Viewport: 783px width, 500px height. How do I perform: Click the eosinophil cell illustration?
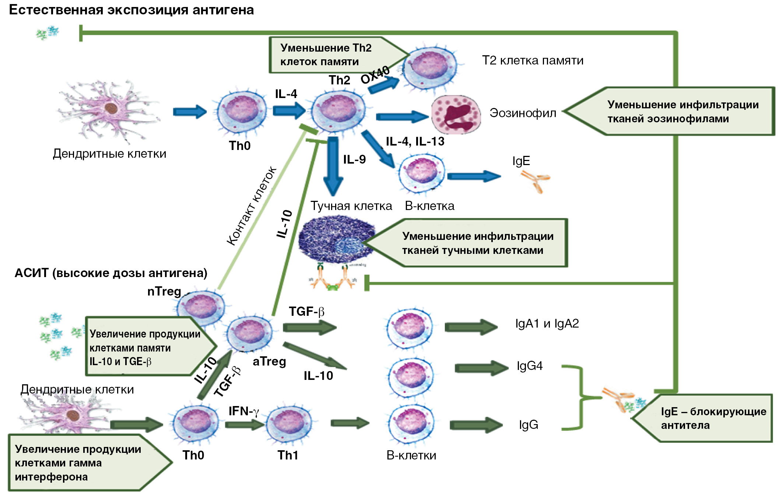(x=456, y=115)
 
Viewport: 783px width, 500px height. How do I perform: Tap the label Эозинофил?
(x=523, y=113)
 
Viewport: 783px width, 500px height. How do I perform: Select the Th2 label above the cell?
(x=339, y=80)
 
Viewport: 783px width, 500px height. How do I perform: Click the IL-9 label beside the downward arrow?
(x=354, y=159)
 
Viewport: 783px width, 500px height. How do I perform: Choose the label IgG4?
(x=530, y=366)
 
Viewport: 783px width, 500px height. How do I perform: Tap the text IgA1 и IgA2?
(x=547, y=324)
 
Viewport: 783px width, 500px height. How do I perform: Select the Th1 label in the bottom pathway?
(x=288, y=455)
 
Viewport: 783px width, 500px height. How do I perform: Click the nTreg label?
(x=164, y=291)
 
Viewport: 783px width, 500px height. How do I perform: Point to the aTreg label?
(x=269, y=361)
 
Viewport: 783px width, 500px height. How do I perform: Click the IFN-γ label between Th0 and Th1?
(x=244, y=411)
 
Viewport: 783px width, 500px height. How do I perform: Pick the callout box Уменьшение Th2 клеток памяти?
(x=331, y=55)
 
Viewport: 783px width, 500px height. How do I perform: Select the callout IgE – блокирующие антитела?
(x=707, y=418)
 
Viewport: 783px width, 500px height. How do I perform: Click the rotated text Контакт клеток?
(x=251, y=206)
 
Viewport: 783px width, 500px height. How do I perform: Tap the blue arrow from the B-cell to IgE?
(x=474, y=176)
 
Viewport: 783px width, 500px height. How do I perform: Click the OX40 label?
(x=375, y=74)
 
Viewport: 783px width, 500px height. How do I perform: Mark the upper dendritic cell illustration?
(x=109, y=110)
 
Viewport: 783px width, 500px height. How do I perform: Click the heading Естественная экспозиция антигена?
(x=131, y=10)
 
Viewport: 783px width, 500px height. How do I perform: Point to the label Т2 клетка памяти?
(x=533, y=60)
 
